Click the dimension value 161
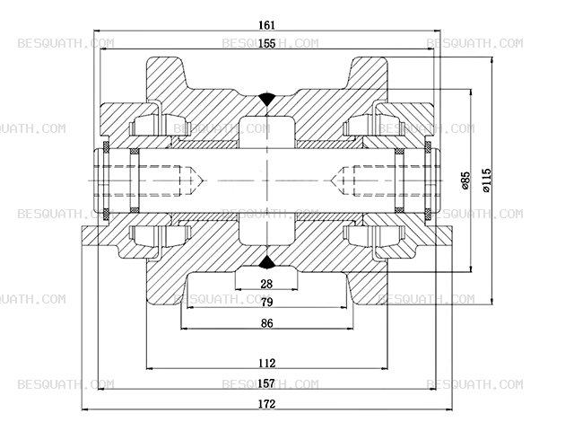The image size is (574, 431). tap(266, 25)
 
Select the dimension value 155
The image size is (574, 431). tap(266, 44)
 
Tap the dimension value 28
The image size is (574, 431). tap(266, 284)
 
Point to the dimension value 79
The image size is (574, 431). tap(266, 302)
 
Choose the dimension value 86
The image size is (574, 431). tap(267, 323)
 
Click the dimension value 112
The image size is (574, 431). tap(266, 363)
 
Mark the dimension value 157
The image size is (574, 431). tap(266, 383)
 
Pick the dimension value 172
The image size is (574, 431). tap(266, 404)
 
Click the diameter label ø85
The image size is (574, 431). tap(465, 180)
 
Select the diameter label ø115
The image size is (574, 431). tap(486, 180)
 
